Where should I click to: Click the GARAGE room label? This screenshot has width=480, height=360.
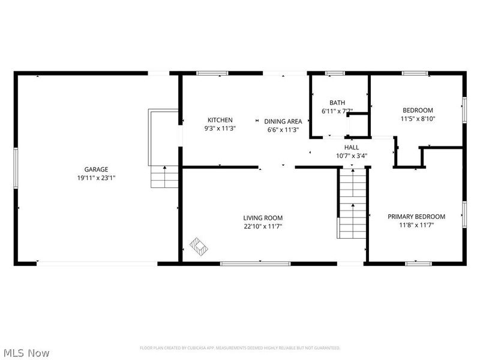96,169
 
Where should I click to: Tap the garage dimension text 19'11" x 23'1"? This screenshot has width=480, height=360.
96,178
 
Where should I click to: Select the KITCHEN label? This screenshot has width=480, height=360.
220,120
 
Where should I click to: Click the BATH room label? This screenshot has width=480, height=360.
337,103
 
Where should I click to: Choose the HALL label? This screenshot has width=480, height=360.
352,147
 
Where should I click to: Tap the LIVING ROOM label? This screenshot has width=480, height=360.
262,218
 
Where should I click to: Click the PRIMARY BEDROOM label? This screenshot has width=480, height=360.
416,217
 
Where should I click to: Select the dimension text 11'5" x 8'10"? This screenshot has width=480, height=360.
418,119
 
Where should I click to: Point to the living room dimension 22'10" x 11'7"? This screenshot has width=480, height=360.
262,226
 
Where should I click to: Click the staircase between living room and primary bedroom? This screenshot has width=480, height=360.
352,204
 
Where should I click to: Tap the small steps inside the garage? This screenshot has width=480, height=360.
164,177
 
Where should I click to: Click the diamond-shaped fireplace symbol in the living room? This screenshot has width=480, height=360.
199,245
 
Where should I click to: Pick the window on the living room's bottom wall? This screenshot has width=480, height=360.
247,263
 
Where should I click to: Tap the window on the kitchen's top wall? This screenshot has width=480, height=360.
212,73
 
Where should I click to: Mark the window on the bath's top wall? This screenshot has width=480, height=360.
335,73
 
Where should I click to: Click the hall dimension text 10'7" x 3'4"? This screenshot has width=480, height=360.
352,155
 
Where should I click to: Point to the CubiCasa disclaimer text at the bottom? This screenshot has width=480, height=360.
240,347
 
